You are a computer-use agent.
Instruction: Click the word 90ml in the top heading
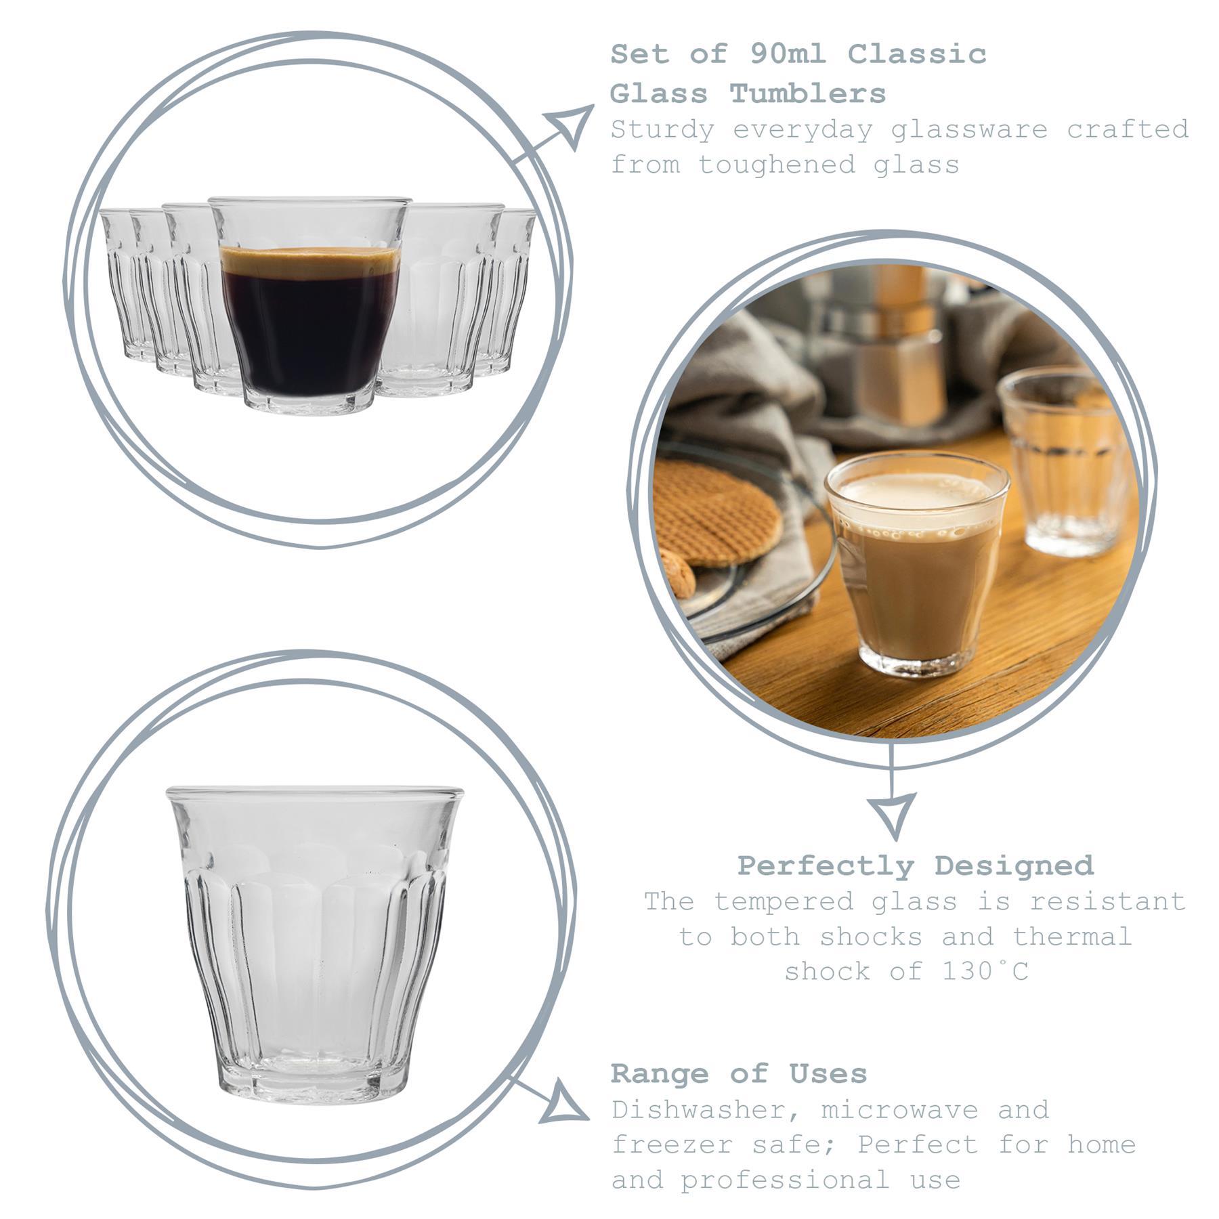(x=787, y=54)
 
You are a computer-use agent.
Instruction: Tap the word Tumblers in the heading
(x=808, y=93)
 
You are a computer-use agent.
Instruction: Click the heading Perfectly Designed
(x=915, y=865)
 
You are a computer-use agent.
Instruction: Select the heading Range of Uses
(x=739, y=1073)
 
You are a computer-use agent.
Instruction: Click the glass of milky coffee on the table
(x=915, y=562)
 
